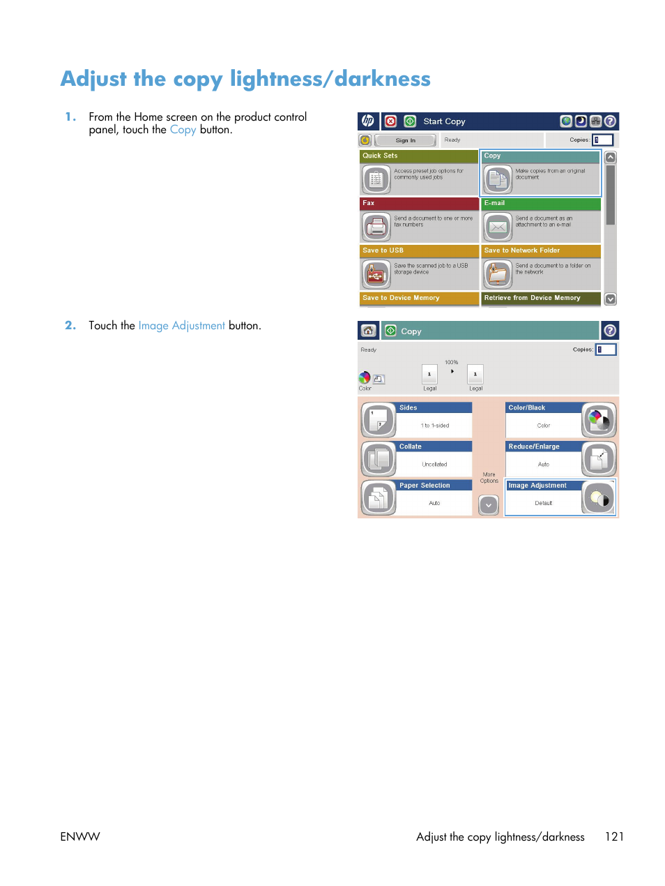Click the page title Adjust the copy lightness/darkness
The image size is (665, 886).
245,79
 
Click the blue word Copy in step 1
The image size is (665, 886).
183,130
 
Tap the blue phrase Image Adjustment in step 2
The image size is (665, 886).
181,326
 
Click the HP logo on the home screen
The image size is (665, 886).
367,121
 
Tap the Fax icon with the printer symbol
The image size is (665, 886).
376,227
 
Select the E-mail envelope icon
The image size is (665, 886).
498,227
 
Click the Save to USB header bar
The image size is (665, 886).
419,250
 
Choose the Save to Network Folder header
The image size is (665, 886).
540,250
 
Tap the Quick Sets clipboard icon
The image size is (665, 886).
376,179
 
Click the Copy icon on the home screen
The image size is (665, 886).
498,179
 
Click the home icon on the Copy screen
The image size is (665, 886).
368,331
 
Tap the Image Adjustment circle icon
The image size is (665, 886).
598,498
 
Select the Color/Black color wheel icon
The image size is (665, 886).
598,420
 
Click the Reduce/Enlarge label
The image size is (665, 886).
534,446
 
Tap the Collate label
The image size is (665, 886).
411,446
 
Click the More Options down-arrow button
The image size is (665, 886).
489,505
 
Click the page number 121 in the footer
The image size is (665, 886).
614,836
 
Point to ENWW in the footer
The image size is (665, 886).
80,836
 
